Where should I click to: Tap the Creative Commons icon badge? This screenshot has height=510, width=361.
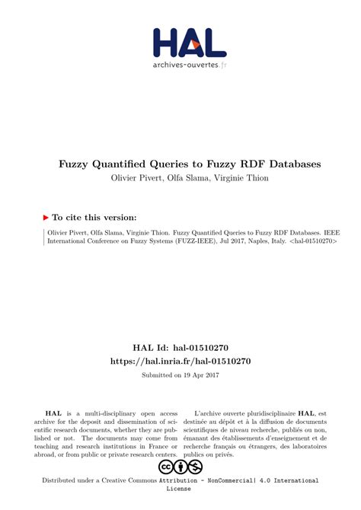point(180,467)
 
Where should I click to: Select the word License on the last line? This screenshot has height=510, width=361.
point(180,489)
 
